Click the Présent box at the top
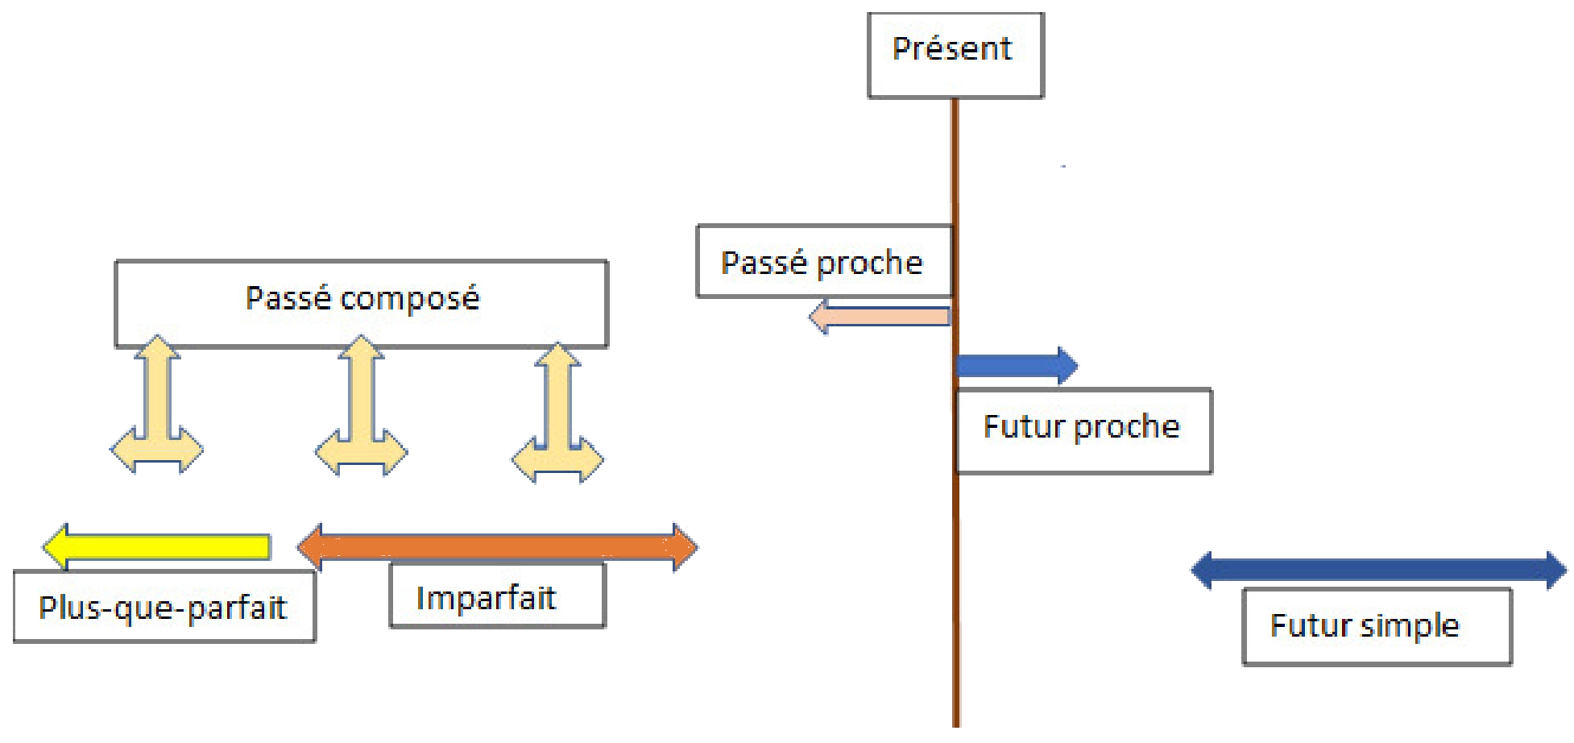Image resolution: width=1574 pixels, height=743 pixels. pos(955,55)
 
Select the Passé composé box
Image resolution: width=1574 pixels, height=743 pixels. pos(361,303)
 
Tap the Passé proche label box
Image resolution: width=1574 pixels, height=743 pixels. pos(823,262)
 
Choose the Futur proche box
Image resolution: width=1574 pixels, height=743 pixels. pos(1083,431)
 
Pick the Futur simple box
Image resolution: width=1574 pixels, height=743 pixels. pos(1377,627)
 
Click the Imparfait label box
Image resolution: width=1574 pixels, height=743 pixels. pos(497,597)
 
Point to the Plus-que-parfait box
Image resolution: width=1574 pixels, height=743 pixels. pos(164,607)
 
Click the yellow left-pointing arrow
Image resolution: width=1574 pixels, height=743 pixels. pos(156,546)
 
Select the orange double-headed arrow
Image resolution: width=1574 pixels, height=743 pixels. pos(497,547)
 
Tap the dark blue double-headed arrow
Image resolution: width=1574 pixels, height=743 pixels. pos(1378,571)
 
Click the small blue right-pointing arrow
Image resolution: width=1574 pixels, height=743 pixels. pos(1016,366)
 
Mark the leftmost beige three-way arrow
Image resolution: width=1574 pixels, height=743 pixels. pos(157,411)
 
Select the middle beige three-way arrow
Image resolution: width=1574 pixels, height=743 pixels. pos(361,411)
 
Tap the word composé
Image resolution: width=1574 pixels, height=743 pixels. pos(409,299)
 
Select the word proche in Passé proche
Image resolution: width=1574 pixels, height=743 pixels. pos(870,263)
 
